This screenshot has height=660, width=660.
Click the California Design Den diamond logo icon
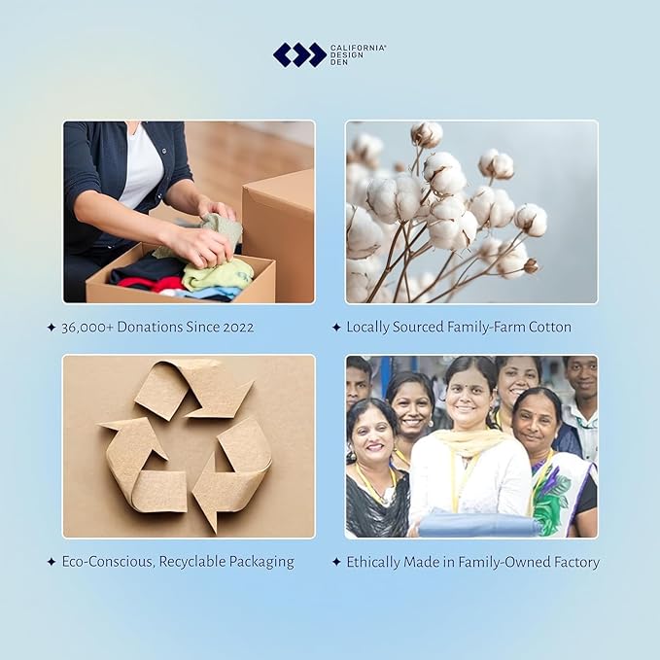(x=299, y=54)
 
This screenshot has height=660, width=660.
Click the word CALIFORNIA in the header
(x=358, y=48)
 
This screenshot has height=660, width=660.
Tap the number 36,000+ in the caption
(x=87, y=328)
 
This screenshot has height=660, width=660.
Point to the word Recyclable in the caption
(x=192, y=562)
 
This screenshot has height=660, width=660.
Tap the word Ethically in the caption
(x=373, y=563)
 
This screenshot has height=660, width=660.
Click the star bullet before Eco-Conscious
(x=52, y=562)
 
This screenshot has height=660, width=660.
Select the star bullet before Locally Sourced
(x=336, y=327)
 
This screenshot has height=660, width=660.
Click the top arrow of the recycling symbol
(x=194, y=390)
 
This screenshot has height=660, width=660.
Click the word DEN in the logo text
(x=339, y=62)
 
